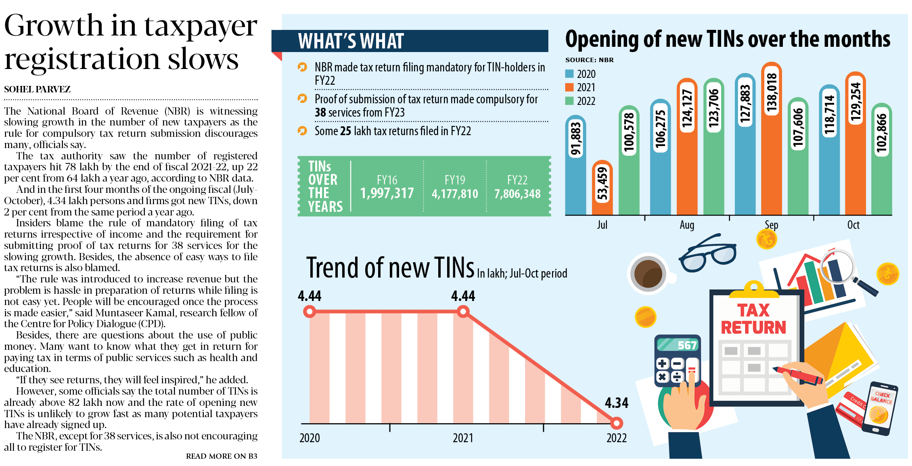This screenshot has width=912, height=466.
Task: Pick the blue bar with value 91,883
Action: tap(575, 165)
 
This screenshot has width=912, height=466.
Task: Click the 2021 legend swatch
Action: tap(569, 87)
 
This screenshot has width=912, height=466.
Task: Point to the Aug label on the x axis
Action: tap(687, 225)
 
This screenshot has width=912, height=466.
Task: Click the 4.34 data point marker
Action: tap(616, 423)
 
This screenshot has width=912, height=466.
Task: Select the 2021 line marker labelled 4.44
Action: tap(463, 311)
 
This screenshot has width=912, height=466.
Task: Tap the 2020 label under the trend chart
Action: tap(310, 438)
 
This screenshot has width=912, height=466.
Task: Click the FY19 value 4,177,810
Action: tap(455, 194)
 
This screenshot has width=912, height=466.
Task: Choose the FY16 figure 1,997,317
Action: tap(387, 193)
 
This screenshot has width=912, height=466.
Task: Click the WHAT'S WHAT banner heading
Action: tap(351, 41)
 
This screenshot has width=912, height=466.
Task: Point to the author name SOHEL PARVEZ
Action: tap(37, 89)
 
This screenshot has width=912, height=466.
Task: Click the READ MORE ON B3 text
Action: tap(221, 456)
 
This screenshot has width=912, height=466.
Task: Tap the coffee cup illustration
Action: tap(648, 274)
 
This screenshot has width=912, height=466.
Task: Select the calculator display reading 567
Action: tap(678, 345)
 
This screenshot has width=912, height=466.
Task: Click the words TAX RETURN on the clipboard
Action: tap(753, 319)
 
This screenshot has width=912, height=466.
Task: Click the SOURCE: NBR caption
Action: tap(589, 60)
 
